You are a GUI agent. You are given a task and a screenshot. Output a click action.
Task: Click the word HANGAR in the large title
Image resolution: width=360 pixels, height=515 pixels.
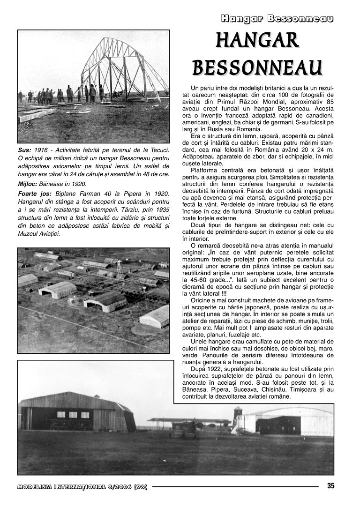[257, 41]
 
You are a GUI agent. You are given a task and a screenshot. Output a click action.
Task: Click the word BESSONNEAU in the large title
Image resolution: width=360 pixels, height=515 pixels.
[257, 68]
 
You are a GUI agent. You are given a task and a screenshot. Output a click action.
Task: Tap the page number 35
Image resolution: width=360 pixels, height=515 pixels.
[331, 486]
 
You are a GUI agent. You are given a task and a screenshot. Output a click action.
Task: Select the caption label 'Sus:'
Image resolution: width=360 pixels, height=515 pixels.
[25, 149]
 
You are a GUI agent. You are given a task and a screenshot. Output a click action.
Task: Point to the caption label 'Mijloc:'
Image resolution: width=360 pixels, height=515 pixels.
[29, 184]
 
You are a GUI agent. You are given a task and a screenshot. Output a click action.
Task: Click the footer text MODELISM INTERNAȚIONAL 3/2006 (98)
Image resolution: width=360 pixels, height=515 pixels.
[82, 486]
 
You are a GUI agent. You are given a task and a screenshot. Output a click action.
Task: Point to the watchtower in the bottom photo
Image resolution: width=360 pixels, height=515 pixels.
[238, 417]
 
